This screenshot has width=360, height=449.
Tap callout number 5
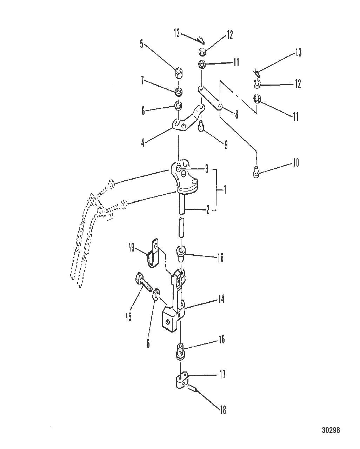[x=142, y=44]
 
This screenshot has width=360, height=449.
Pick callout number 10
[x=295, y=163]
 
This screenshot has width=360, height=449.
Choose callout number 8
[x=236, y=114]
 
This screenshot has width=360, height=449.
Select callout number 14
[x=221, y=299]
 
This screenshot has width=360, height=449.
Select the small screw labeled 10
[x=256, y=172]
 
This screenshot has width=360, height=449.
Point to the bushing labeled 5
[x=179, y=74]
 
